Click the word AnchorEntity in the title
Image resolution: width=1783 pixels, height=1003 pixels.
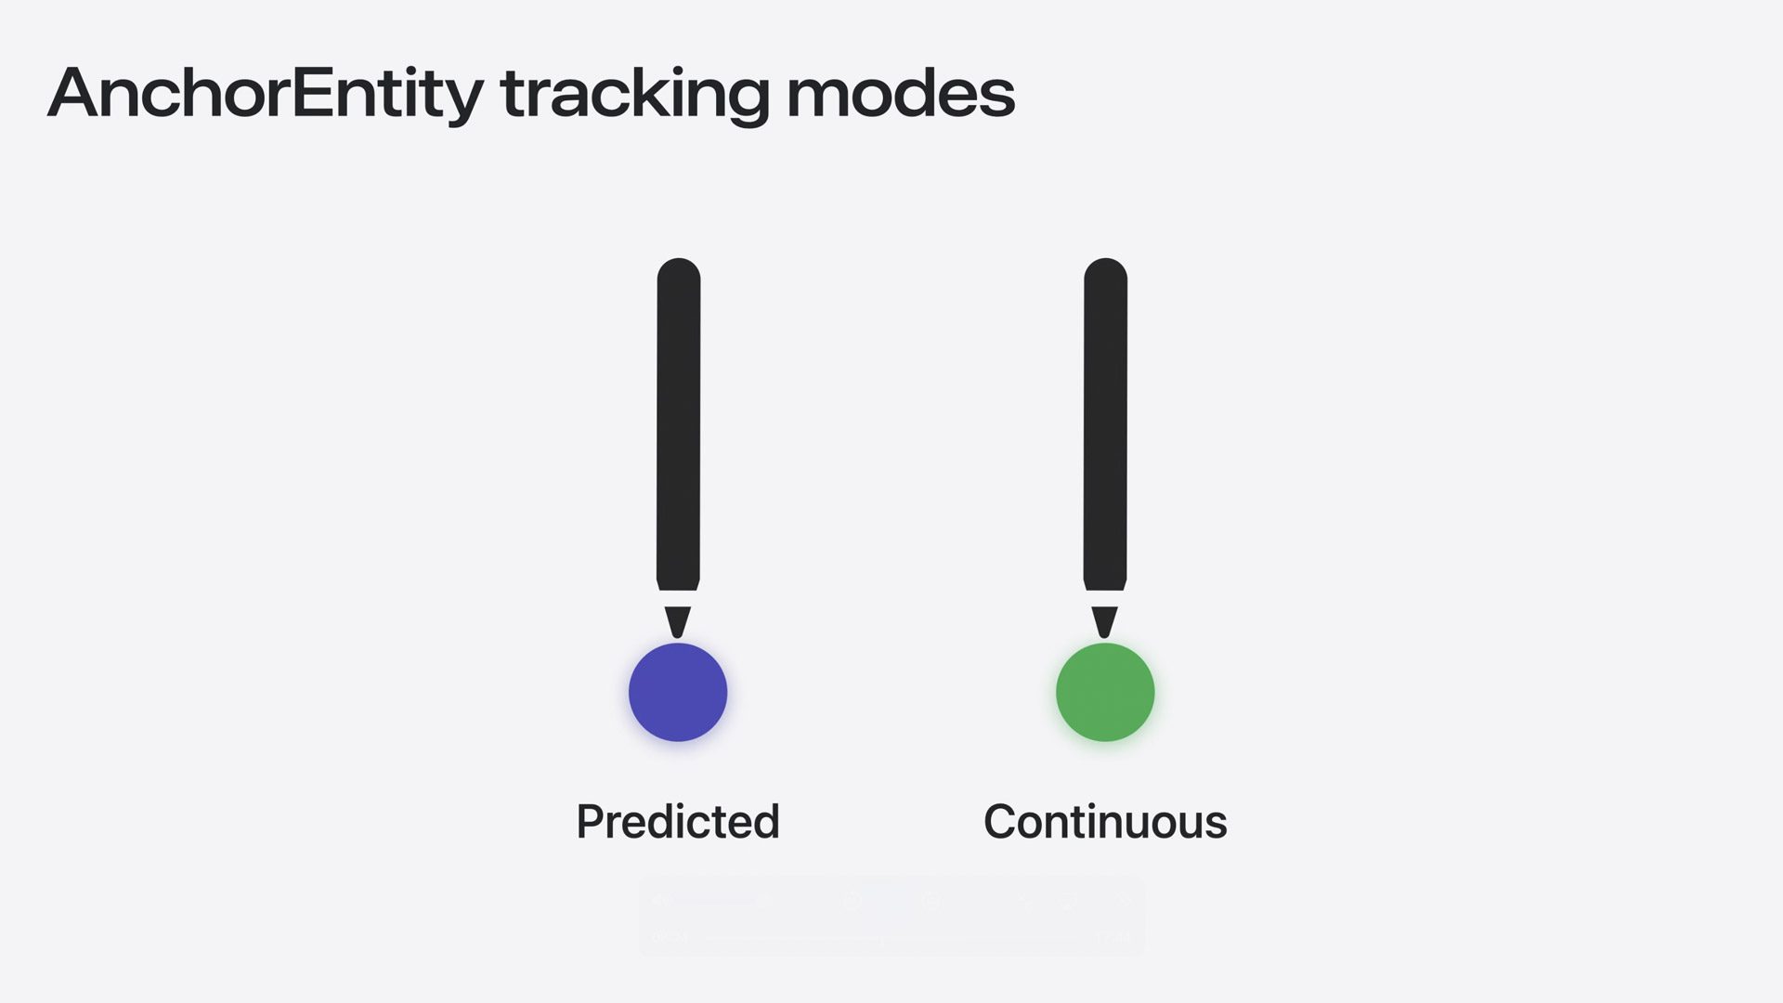click(266, 94)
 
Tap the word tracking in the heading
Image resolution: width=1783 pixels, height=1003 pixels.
click(635, 94)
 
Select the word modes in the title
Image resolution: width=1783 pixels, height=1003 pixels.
click(901, 94)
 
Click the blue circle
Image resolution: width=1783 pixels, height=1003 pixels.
click(678, 692)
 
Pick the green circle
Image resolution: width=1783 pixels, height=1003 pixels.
click(1105, 692)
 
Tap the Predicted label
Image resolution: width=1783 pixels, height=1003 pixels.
click(678, 822)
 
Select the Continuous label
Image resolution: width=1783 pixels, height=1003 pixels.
click(1105, 822)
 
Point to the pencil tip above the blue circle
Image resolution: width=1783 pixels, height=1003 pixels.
click(678, 637)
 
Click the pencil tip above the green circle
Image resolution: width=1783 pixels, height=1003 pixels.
click(1105, 637)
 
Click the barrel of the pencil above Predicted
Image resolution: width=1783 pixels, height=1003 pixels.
click(679, 423)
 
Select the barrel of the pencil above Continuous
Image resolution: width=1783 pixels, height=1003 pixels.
click(1105, 423)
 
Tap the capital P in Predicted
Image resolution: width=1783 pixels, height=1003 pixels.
click(592, 821)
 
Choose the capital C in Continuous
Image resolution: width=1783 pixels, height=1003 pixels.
click(1001, 821)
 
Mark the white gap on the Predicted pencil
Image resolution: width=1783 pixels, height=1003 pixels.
click(678, 599)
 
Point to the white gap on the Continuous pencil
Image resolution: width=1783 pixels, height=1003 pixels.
click(1105, 599)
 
